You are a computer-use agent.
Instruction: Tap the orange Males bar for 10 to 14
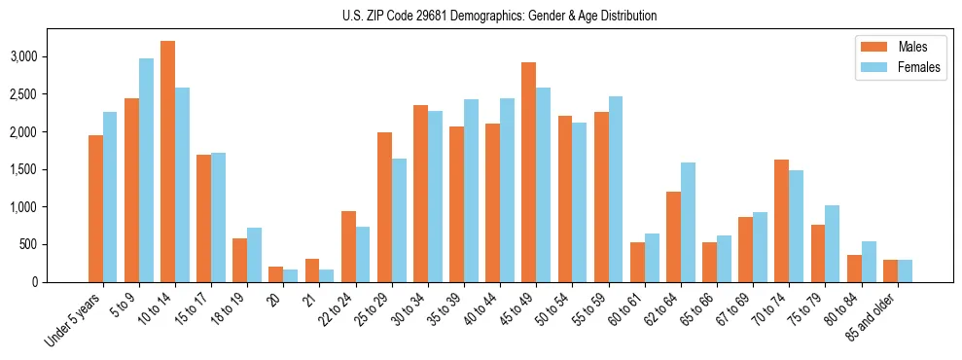pyautogui.click(x=167, y=162)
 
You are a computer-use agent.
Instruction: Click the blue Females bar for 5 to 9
pyautogui.click(x=146, y=170)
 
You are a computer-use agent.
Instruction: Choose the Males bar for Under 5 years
pyautogui.click(x=95, y=208)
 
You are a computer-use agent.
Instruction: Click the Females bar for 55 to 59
pyautogui.click(x=616, y=189)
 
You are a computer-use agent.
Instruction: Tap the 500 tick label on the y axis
pyautogui.click(x=56, y=244)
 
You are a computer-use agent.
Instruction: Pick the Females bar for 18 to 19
pyautogui.click(x=254, y=255)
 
